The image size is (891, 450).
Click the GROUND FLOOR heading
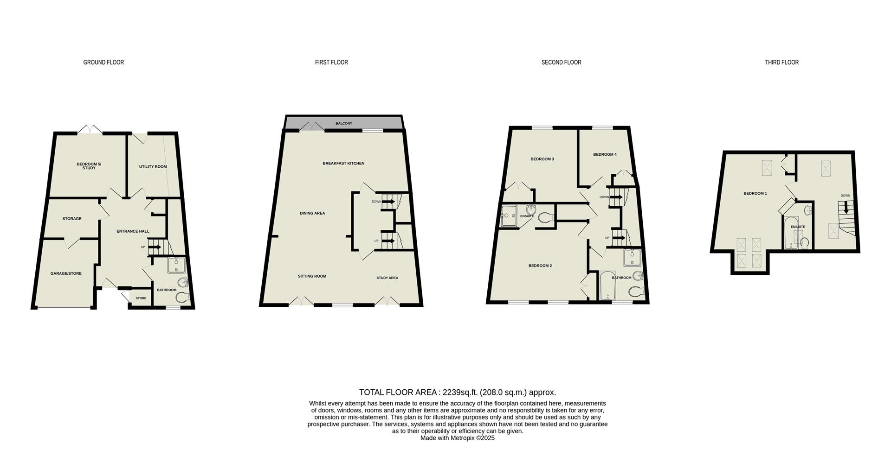[103, 62]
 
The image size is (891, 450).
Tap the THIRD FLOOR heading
[781, 62]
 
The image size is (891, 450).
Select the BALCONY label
[344, 123]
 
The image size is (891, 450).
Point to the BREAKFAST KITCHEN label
[343, 163]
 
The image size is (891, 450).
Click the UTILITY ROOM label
[153, 166]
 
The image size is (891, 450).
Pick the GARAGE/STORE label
[66, 273]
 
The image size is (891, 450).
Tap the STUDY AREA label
[387, 278]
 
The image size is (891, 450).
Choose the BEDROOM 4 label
[605, 154]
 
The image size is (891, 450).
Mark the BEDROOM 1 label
[755, 193]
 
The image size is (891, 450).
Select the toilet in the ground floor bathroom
[183, 297]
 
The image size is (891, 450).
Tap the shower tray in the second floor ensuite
[509, 216]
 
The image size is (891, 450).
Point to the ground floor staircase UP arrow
[155, 247]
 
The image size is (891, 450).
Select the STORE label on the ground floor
[141, 298]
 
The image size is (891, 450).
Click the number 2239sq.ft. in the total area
[460, 393]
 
